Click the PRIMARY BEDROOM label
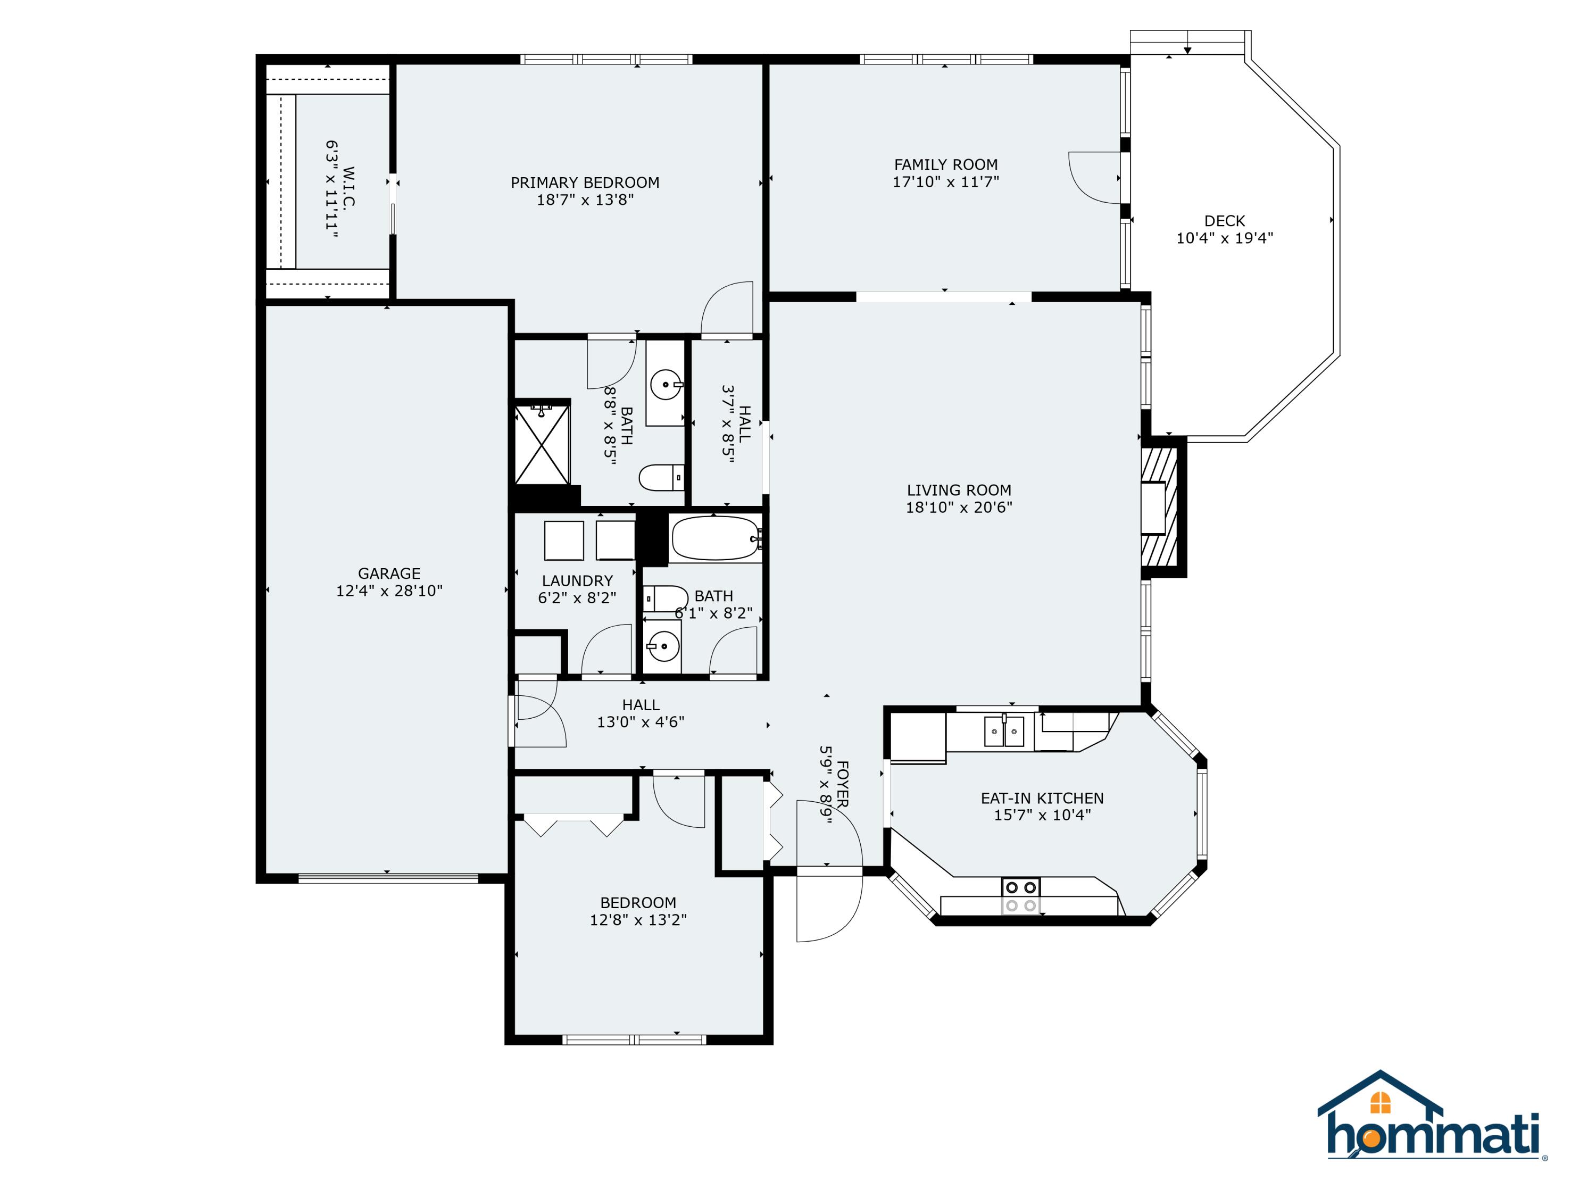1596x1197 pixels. (x=585, y=182)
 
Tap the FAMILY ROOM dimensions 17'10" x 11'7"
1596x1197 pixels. (x=945, y=182)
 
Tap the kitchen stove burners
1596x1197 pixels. (x=1021, y=896)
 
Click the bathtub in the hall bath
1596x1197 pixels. (x=715, y=538)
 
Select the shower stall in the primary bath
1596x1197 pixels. (x=541, y=445)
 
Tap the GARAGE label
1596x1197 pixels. (x=389, y=573)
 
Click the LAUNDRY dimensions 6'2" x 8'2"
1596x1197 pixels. (x=577, y=598)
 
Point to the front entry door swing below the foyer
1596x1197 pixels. (x=830, y=907)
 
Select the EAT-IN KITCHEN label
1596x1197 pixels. (x=1041, y=798)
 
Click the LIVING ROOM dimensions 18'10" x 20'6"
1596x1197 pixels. (x=958, y=507)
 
